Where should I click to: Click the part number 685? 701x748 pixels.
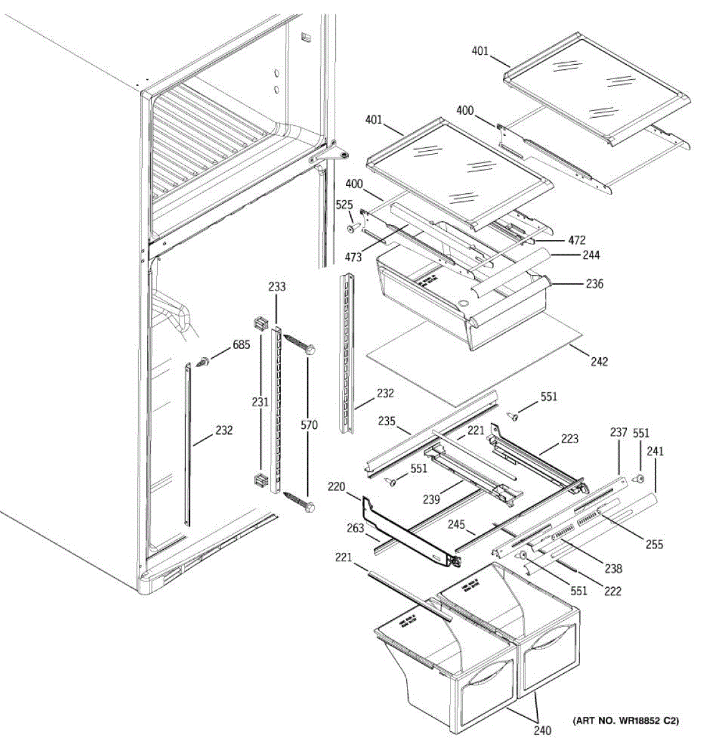click(x=241, y=345)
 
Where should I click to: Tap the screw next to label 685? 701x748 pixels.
click(x=203, y=361)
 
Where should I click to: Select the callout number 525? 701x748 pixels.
click(x=344, y=204)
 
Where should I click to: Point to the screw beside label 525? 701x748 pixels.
click(x=351, y=229)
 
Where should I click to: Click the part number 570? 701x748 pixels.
click(x=309, y=426)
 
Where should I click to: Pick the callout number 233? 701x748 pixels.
click(x=277, y=287)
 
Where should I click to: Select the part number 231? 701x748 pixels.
click(x=260, y=403)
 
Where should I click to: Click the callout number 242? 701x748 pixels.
click(x=599, y=362)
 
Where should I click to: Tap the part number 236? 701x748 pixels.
click(x=594, y=284)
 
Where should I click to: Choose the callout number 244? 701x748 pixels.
click(x=591, y=255)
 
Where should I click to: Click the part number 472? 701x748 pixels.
click(x=576, y=240)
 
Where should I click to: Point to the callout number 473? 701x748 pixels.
click(x=353, y=257)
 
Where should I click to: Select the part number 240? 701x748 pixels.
click(x=543, y=731)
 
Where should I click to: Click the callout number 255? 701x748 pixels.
click(x=654, y=544)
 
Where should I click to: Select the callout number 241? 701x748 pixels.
click(x=655, y=451)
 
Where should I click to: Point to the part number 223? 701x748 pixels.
click(x=570, y=439)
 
